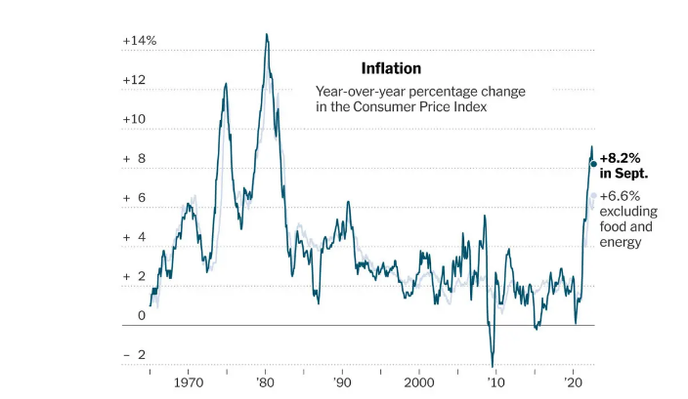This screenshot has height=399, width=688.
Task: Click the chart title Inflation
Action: [x=391, y=68]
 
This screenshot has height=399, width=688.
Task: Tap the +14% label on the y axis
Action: [x=140, y=41]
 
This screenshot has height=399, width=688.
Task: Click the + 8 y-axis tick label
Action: [x=134, y=158]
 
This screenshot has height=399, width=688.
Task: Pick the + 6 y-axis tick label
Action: [x=134, y=198]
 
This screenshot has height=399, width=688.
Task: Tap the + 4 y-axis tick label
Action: [x=134, y=237]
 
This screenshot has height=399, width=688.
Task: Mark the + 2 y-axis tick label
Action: [x=134, y=277]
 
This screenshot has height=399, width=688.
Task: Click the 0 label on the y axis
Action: [x=142, y=315]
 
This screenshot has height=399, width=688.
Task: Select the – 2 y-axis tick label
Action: [x=134, y=355]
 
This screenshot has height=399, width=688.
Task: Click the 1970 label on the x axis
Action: [x=188, y=383]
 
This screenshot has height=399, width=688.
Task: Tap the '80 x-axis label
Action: [x=264, y=383]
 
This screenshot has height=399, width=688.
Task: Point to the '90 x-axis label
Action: [x=341, y=383]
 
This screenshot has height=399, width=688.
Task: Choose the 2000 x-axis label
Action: [x=418, y=383]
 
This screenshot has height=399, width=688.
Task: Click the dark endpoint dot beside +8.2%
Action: [x=593, y=164]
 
